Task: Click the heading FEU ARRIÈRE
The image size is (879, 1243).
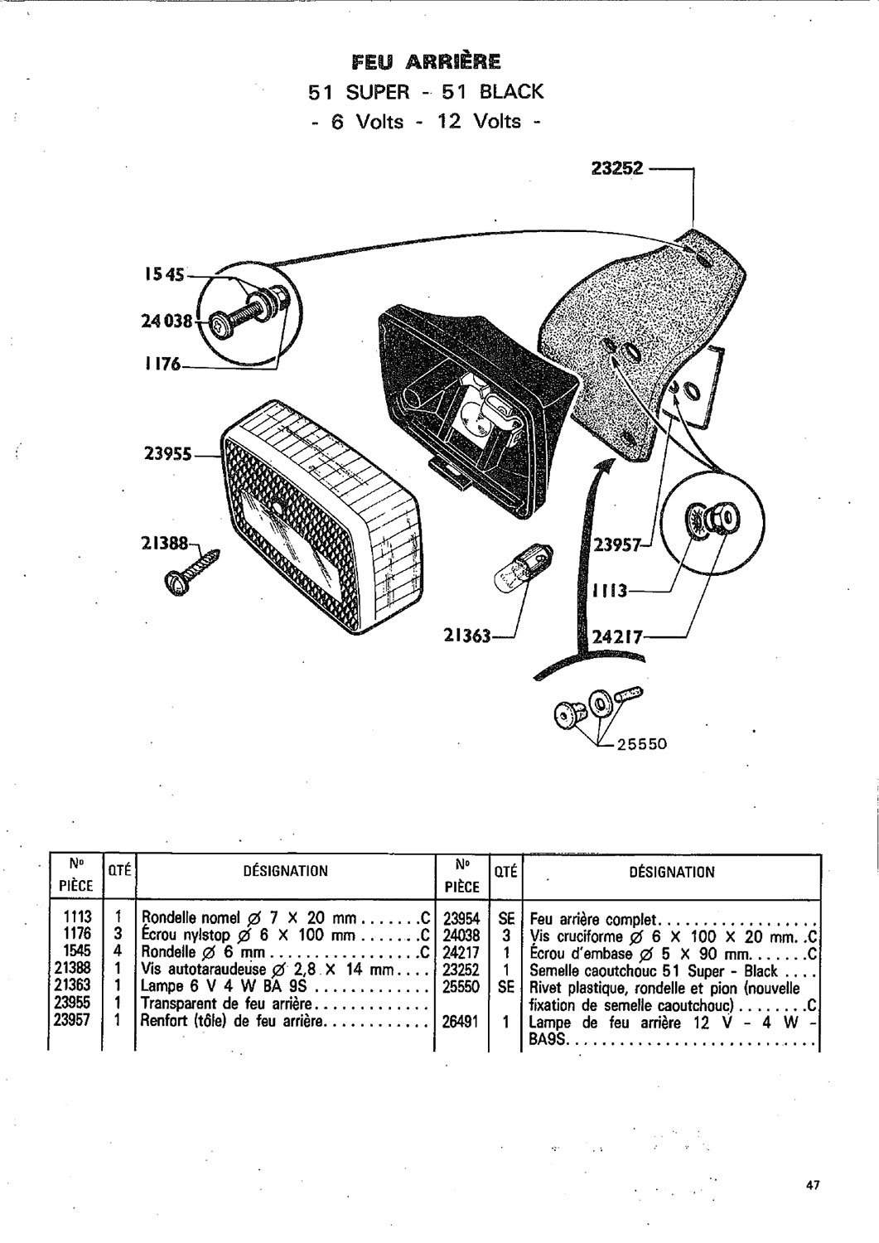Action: [426, 61]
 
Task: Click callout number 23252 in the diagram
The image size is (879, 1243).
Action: [617, 168]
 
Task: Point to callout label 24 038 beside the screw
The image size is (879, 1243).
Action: [167, 321]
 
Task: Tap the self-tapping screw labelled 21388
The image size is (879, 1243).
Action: [191, 572]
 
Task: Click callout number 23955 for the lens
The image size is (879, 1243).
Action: [167, 454]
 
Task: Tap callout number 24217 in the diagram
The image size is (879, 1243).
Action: [618, 636]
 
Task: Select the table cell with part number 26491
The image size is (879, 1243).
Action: [461, 1021]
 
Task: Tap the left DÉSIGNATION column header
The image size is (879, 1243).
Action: [285, 871]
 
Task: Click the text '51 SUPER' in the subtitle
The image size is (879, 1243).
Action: [359, 91]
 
